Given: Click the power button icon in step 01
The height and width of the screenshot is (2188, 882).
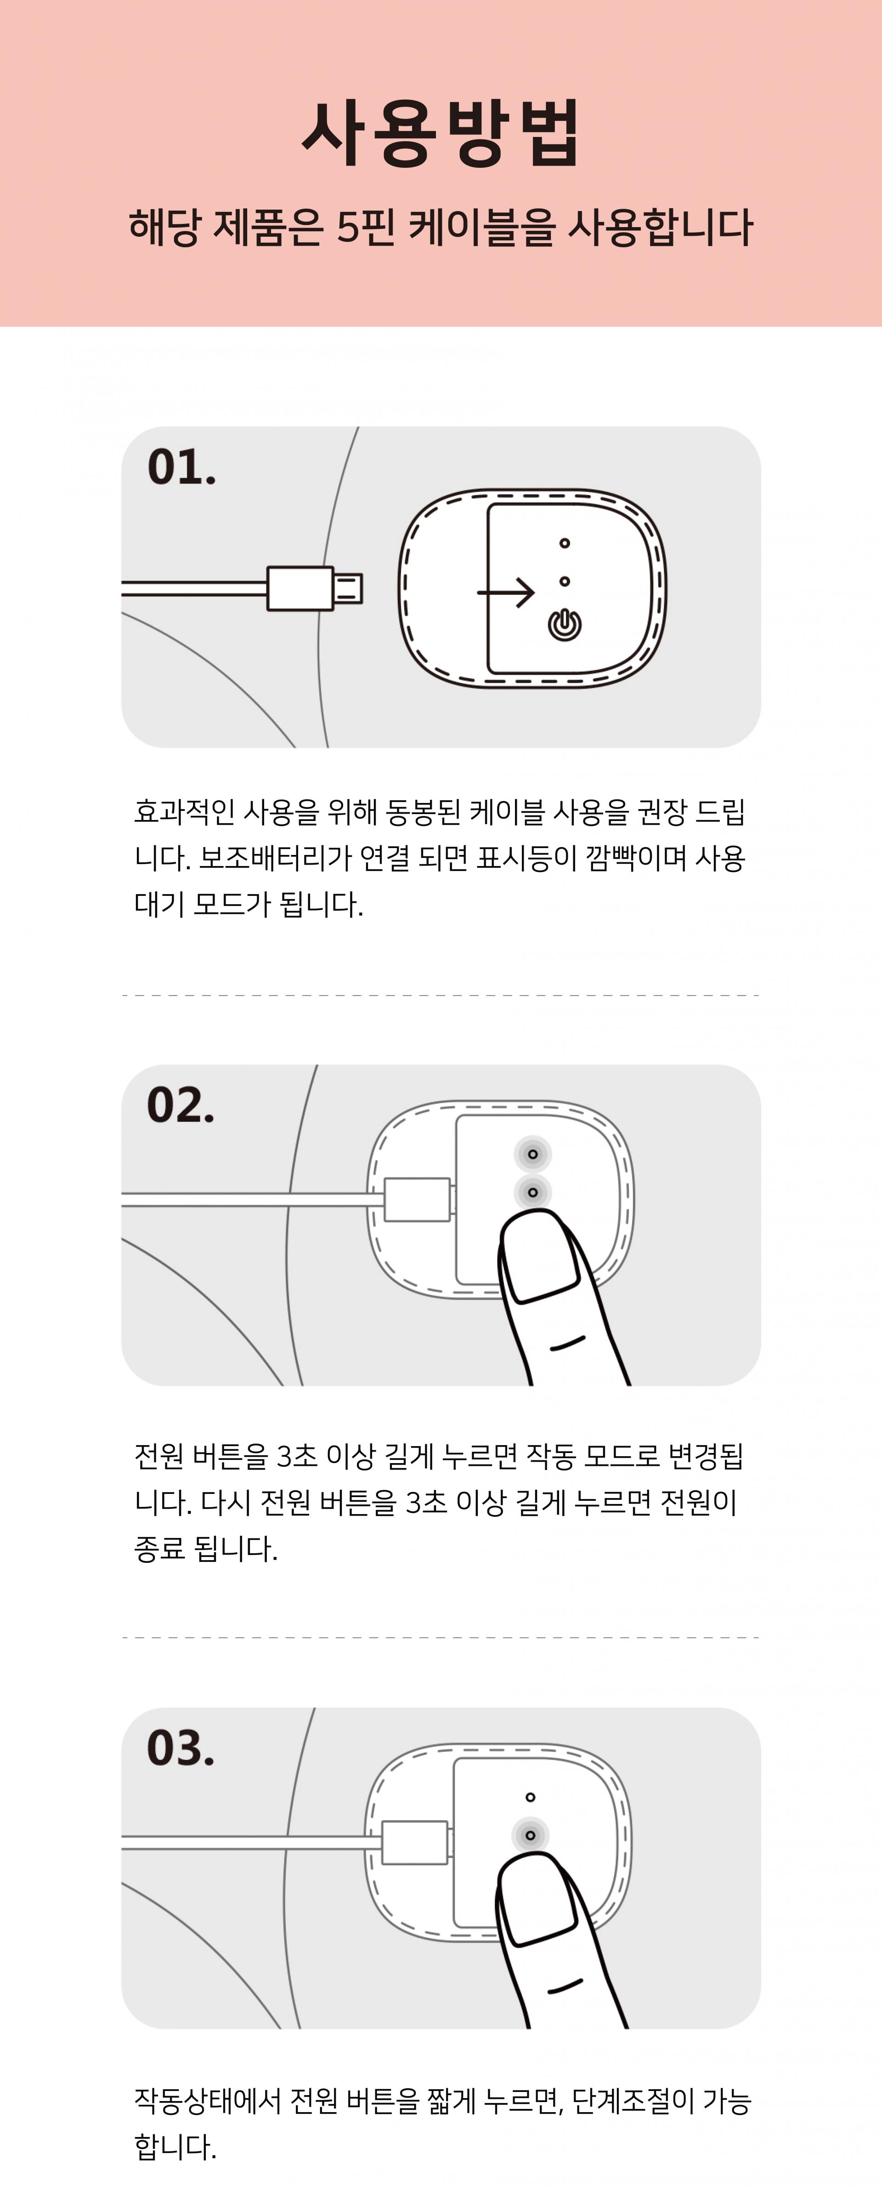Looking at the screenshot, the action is click(565, 624).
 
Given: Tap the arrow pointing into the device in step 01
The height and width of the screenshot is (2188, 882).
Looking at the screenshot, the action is click(506, 592).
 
